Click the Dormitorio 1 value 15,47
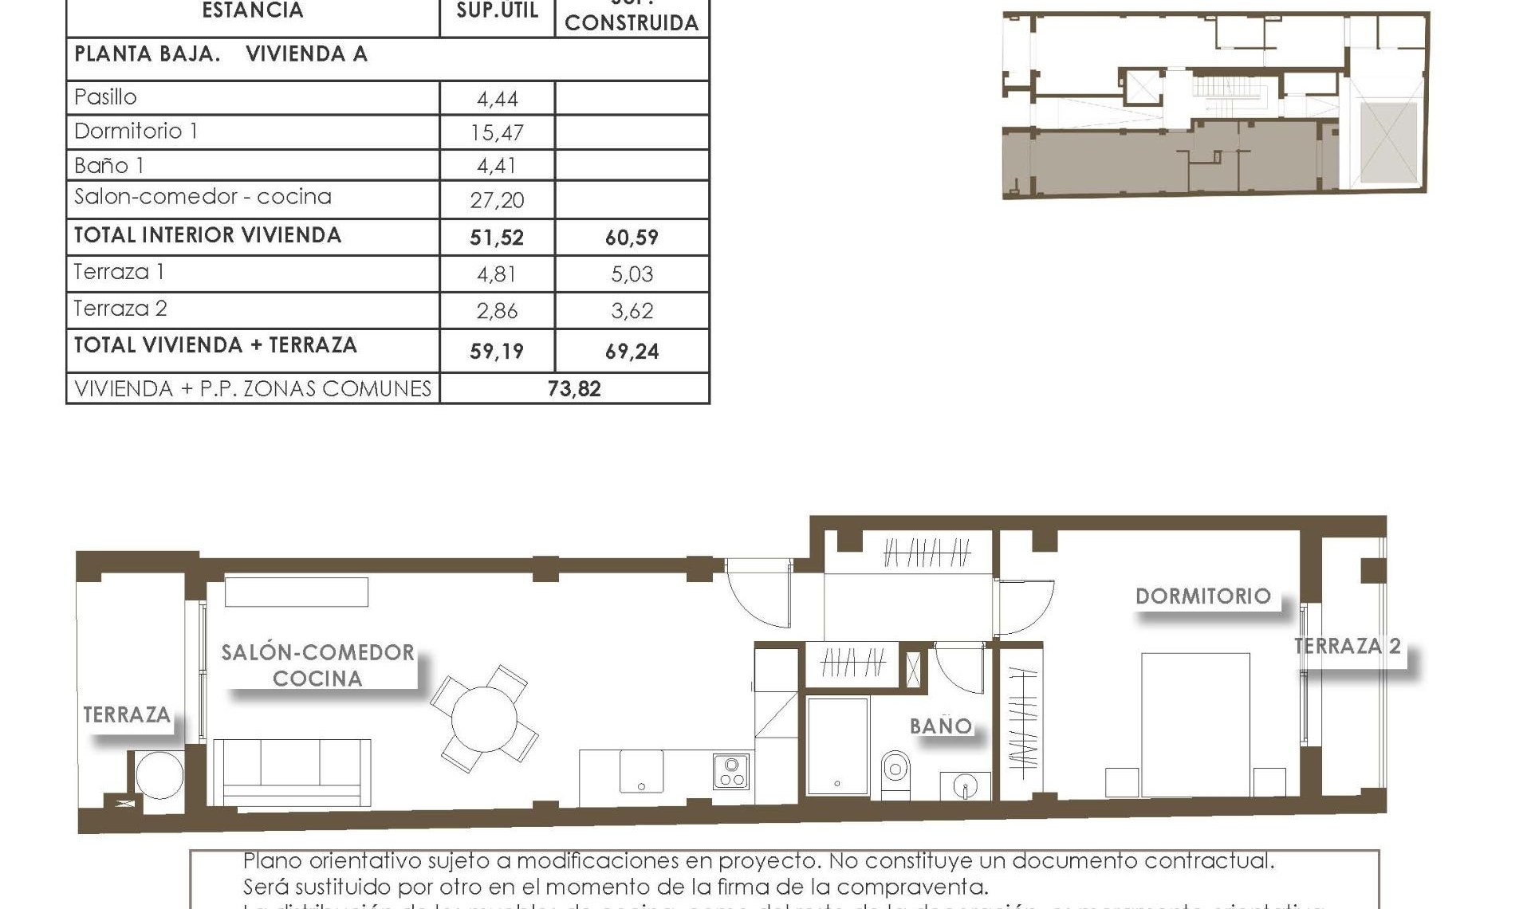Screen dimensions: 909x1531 click(497, 132)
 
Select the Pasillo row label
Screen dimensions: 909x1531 click(105, 97)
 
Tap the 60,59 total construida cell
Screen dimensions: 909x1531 click(632, 238)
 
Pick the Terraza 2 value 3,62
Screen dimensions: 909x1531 click(632, 311)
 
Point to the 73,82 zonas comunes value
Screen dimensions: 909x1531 click(574, 389)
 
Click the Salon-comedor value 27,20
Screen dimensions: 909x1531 click(497, 200)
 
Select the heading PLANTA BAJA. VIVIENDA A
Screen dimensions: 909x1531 click(221, 54)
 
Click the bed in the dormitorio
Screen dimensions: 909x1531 click(1195, 724)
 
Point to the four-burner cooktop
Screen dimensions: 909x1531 click(730, 771)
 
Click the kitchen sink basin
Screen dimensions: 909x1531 click(642, 772)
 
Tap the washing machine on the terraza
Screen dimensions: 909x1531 click(159, 775)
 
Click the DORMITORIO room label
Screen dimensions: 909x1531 click(1202, 596)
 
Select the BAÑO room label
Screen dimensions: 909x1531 click(941, 726)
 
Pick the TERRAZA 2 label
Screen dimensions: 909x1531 click(1347, 646)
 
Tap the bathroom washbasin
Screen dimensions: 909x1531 click(965, 786)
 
